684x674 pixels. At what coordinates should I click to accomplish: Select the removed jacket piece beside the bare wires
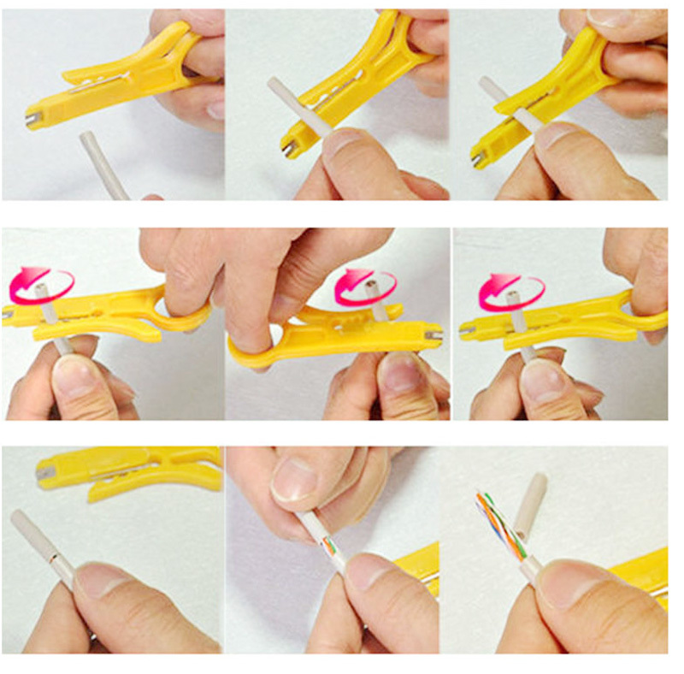(531, 505)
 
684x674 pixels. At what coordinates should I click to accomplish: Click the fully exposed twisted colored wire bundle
(497, 527)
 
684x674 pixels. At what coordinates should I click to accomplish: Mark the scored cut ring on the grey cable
(53, 557)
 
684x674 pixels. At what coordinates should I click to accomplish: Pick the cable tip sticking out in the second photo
(277, 88)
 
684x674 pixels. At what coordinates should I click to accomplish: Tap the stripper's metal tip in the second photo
(290, 150)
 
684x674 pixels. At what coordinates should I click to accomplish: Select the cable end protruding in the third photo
(490, 87)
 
